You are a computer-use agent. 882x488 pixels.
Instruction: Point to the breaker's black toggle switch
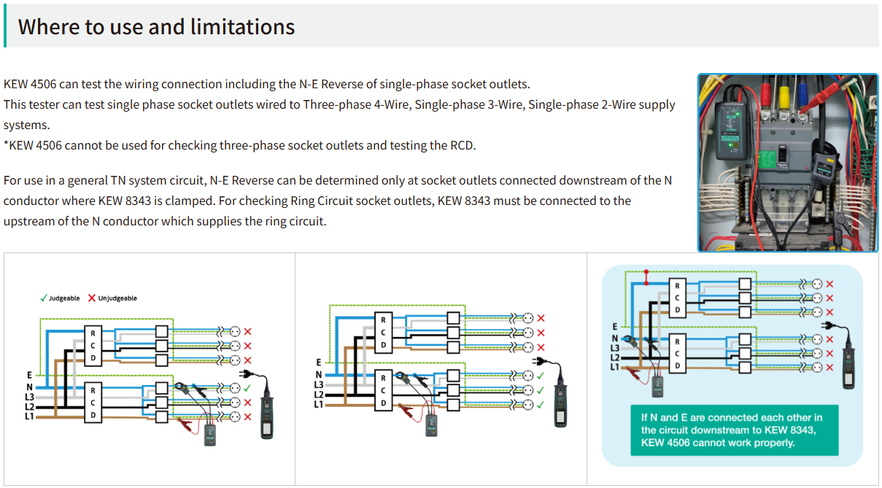[x=780, y=155]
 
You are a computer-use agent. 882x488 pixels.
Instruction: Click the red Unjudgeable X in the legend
[x=92, y=298]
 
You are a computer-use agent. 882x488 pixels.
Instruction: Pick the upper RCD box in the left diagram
[x=93, y=345]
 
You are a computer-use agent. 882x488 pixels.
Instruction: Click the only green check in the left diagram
[x=248, y=388]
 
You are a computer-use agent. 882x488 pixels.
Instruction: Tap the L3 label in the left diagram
[x=30, y=396]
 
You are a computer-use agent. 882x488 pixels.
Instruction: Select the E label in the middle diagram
[x=318, y=362]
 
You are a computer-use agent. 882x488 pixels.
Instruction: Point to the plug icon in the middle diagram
[x=538, y=361]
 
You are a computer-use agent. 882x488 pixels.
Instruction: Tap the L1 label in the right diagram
[x=615, y=366]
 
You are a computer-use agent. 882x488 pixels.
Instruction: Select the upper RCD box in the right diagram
[x=678, y=298]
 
